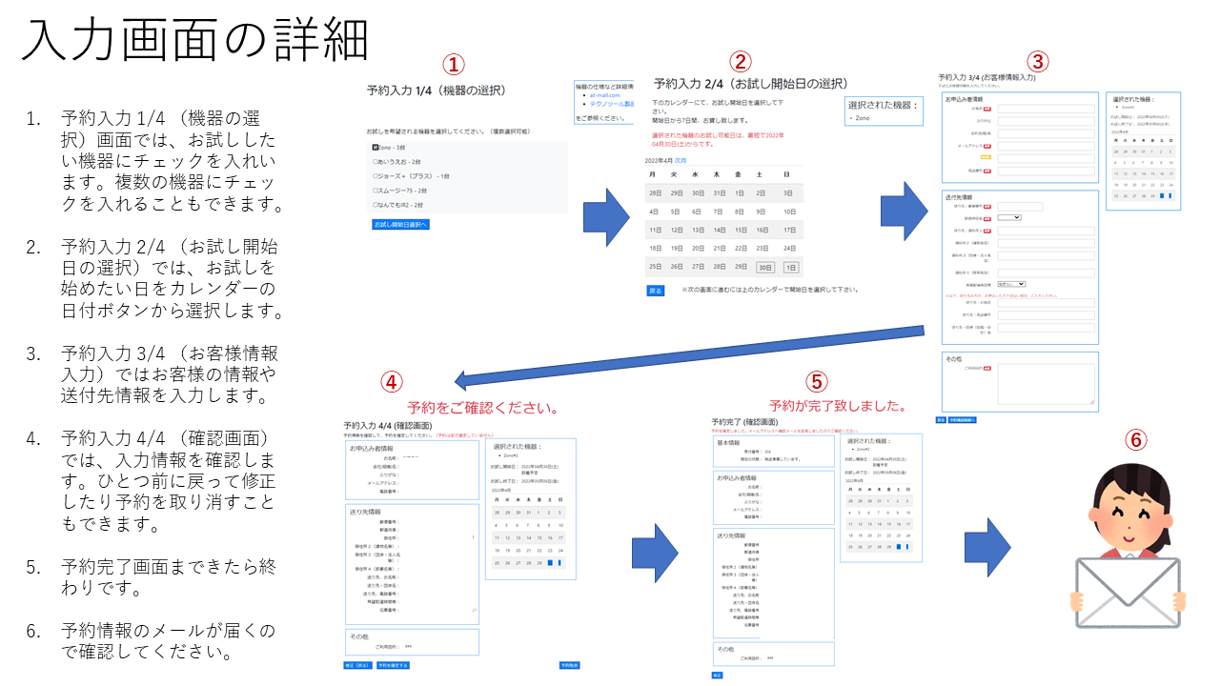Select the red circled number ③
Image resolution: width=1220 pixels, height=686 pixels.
(x=1038, y=61)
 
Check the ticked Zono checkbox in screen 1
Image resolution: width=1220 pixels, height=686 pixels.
(x=376, y=148)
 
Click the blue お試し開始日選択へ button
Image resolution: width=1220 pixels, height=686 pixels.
(x=400, y=225)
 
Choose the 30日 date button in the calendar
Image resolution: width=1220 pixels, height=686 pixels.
(x=765, y=268)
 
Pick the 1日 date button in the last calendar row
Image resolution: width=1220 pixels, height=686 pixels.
(x=790, y=268)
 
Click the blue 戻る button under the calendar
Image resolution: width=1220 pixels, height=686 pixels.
(x=655, y=291)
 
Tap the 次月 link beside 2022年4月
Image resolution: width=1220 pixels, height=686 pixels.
(x=681, y=161)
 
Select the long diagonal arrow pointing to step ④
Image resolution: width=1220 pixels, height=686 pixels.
(x=690, y=356)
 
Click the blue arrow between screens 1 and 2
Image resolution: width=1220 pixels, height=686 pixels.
(x=604, y=217)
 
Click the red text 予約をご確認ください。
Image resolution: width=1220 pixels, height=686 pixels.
(x=482, y=408)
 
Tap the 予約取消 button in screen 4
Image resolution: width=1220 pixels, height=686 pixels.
(x=569, y=665)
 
